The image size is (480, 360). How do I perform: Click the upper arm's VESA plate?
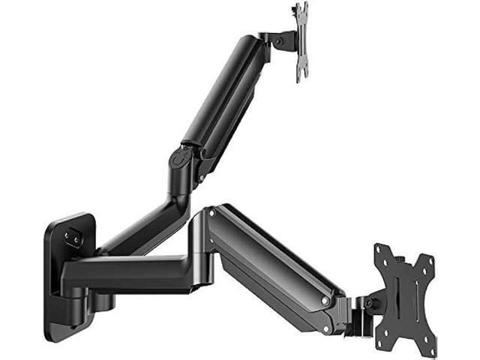[301, 40]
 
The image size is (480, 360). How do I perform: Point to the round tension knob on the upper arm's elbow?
[179, 160]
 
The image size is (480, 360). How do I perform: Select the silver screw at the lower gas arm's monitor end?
[325, 300]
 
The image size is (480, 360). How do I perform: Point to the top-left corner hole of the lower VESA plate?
[380, 259]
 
